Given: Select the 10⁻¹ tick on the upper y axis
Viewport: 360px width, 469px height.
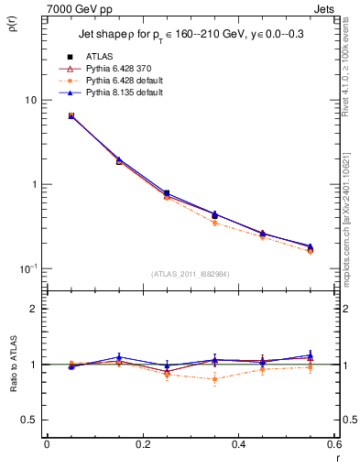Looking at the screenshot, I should pyautogui.click(x=30, y=267).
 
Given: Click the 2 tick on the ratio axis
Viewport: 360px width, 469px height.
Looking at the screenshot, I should pyautogui.click(x=34, y=309).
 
